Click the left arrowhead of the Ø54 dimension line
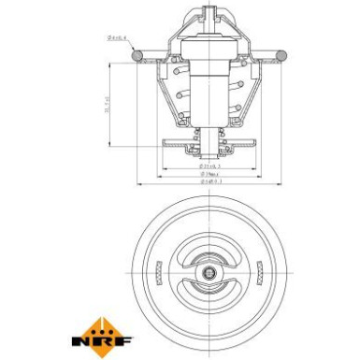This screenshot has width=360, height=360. [137, 188]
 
